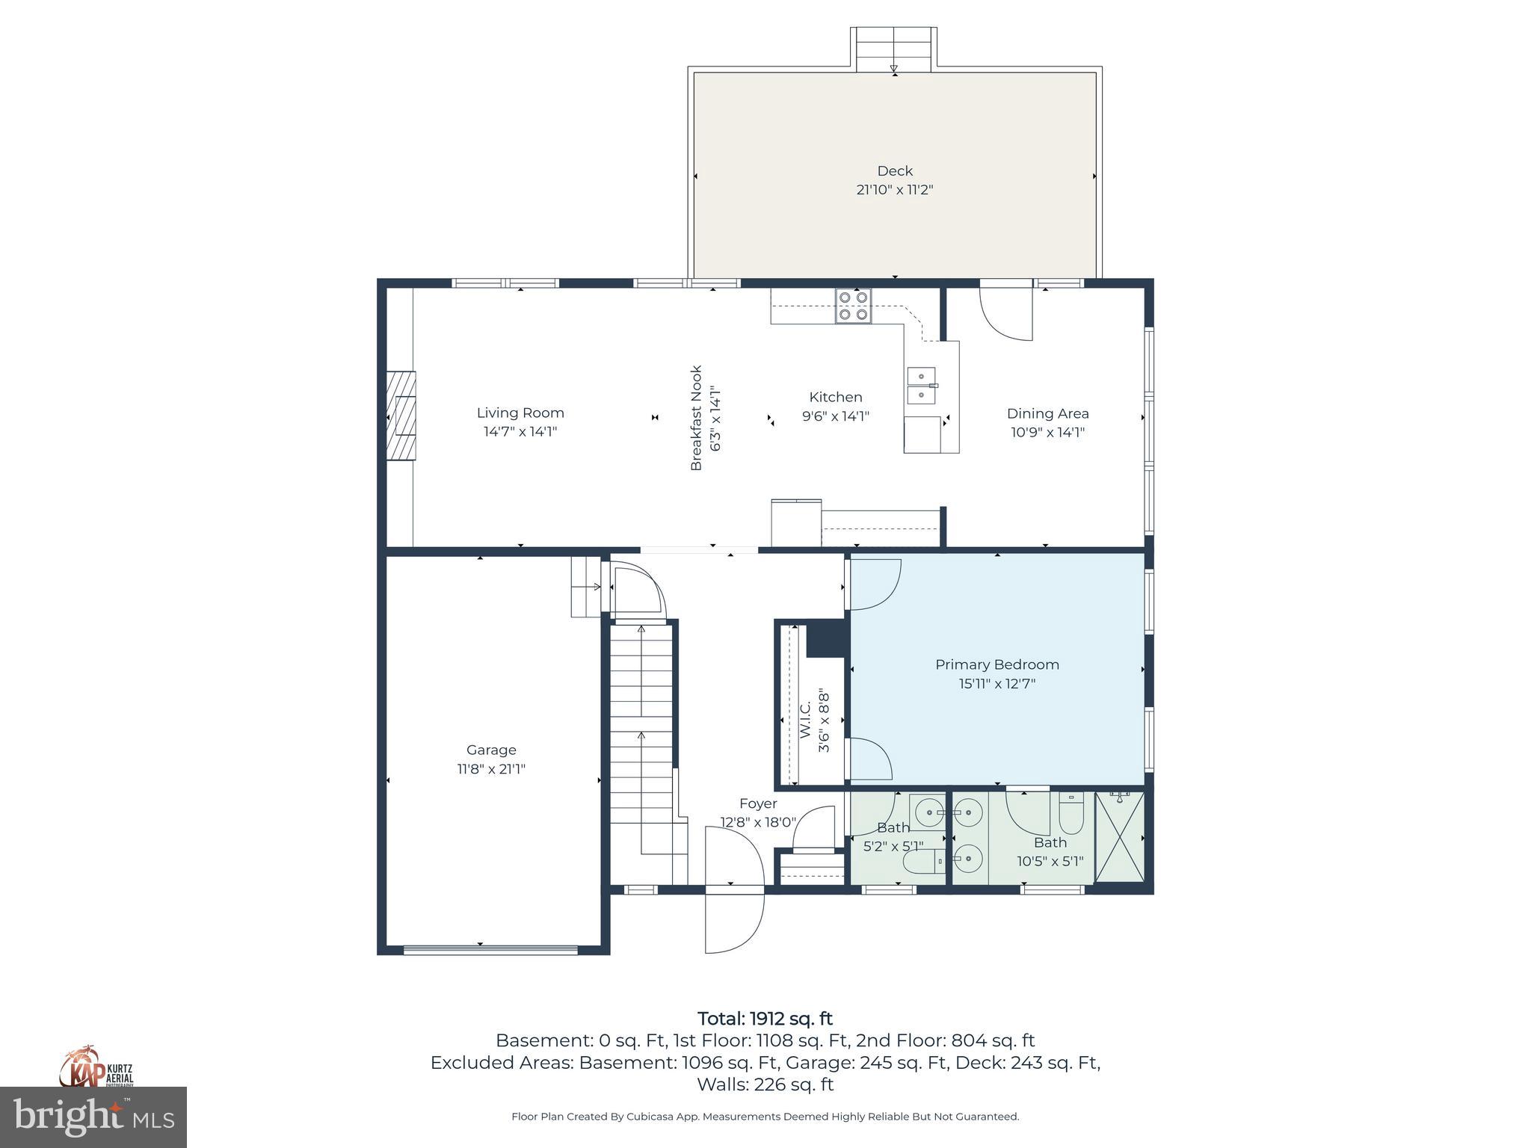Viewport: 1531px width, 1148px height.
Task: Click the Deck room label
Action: [x=894, y=171]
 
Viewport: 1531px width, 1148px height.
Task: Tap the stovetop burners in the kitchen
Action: [x=853, y=306]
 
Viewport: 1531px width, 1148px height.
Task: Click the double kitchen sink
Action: [x=921, y=385]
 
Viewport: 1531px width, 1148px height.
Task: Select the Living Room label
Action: [x=520, y=413]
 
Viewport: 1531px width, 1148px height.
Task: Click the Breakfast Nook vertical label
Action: [x=696, y=417]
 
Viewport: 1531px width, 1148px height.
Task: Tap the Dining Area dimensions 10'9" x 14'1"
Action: [x=1047, y=432]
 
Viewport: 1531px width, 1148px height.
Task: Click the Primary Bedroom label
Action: [x=996, y=664]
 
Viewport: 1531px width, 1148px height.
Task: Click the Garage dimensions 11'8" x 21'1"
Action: [x=491, y=769]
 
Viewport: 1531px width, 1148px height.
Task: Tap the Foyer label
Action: [x=758, y=803]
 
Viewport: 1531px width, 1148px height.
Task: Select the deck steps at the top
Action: [x=893, y=49]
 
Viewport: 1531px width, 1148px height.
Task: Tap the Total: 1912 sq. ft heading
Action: [x=765, y=1019]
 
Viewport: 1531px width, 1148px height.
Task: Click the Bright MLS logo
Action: [x=93, y=1117]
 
